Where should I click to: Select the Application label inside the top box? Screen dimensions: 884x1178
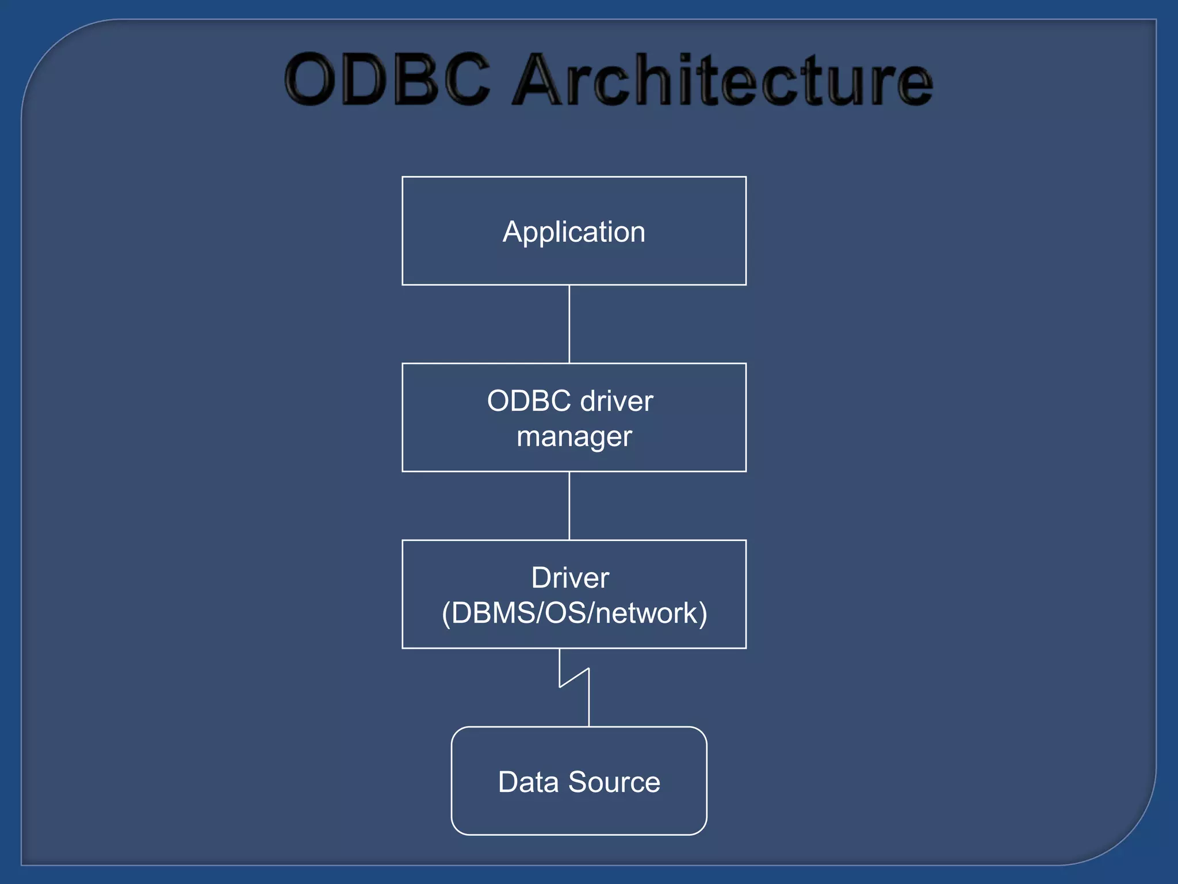click(x=574, y=232)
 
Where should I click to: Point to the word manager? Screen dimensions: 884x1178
click(x=574, y=437)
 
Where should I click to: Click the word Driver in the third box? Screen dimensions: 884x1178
click(x=570, y=578)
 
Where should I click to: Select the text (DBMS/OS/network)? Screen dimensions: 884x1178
click(x=574, y=613)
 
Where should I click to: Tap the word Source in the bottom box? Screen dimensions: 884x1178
click(x=614, y=782)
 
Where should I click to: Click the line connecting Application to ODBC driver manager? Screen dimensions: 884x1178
click(x=569, y=324)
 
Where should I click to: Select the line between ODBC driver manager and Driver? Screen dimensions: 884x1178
click(x=569, y=505)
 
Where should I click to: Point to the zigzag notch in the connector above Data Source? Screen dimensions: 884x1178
click(x=575, y=677)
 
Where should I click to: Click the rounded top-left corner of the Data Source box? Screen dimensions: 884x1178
click(x=457, y=733)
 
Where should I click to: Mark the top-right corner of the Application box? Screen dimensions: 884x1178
click(x=746, y=177)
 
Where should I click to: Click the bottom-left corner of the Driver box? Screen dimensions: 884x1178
click(x=403, y=648)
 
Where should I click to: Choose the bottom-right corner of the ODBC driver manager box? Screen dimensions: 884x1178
click(x=746, y=471)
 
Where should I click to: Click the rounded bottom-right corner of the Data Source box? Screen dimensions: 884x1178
click(x=702, y=829)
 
